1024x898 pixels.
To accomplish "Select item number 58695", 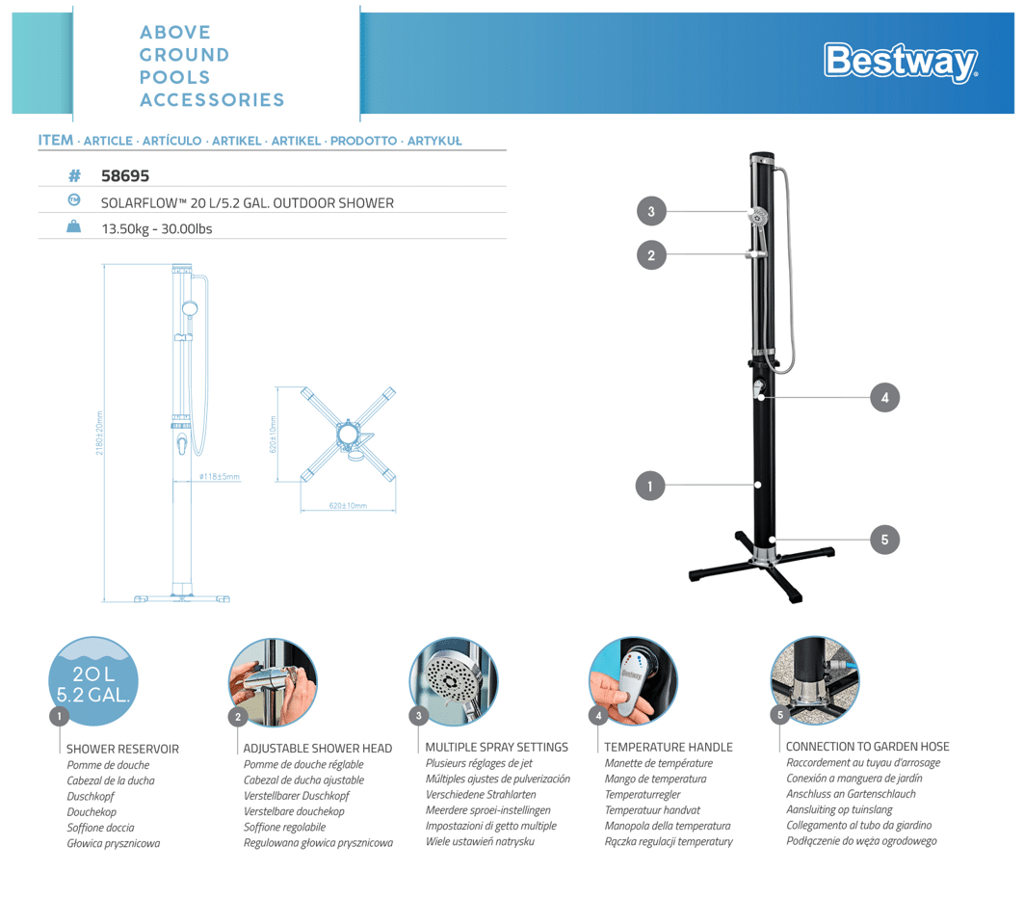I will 125,176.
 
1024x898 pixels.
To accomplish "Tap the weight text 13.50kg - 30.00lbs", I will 156,228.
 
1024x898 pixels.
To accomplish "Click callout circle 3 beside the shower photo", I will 651,211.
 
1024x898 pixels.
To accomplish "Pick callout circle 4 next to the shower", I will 884,397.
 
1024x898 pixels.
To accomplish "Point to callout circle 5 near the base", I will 884,540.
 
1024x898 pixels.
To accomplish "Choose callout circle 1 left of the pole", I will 650,487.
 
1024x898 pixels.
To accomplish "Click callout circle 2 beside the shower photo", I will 651,255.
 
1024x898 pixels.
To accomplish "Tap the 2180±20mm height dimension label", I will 99,435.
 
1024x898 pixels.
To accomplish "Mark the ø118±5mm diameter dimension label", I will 220,477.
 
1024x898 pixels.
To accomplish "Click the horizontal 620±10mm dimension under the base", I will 348,506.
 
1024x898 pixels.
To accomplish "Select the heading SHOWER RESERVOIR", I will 122,748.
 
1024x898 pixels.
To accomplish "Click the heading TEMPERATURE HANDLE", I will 669,747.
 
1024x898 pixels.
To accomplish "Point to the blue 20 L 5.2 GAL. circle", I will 92,681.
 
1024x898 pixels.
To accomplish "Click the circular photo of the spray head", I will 454,680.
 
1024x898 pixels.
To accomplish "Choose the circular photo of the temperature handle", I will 633,680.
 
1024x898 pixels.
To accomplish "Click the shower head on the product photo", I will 759,215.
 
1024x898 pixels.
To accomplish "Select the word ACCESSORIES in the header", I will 212,100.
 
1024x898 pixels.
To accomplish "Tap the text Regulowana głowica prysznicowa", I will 318,843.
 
